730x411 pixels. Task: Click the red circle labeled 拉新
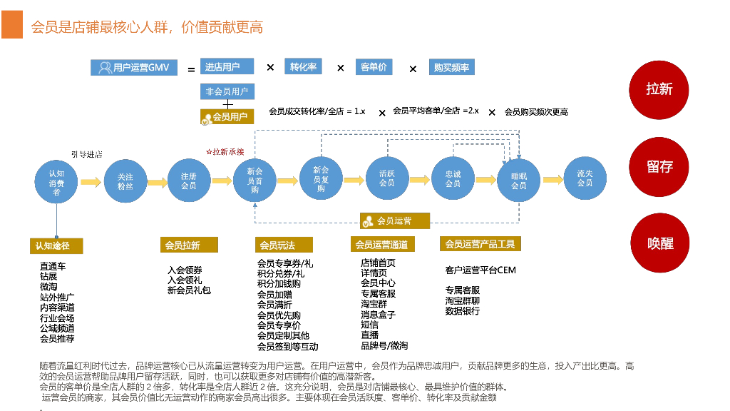659,89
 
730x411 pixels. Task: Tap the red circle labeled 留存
659,166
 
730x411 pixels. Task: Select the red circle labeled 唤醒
659,243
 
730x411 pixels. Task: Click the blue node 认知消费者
56,183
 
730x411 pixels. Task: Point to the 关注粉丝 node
125,182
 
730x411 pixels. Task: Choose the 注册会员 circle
189,181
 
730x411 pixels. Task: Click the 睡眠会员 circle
518,181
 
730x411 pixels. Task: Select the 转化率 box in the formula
303,67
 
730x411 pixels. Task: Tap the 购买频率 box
452,68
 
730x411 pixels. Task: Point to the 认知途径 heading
56,245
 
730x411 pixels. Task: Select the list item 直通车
53,266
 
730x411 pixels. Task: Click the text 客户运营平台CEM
480,270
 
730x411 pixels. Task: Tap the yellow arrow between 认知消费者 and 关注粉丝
91,183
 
